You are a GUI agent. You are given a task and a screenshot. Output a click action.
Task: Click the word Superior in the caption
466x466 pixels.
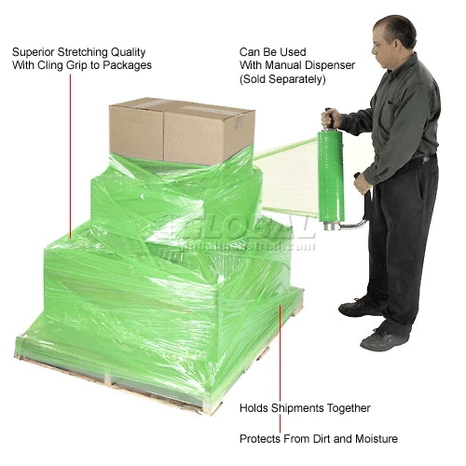(x=34, y=52)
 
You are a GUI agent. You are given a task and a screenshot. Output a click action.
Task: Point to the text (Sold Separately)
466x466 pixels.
(x=282, y=79)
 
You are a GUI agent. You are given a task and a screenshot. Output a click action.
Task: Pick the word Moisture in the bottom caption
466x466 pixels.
(x=377, y=439)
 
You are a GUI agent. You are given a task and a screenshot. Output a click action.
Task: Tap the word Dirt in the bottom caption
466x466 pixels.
(x=322, y=439)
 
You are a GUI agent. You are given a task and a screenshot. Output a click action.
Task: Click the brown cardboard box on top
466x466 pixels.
(x=182, y=130)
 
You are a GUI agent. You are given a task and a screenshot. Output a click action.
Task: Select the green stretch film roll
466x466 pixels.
(x=331, y=175)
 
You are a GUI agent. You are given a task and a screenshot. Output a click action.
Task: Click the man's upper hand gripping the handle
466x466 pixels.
(x=330, y=118)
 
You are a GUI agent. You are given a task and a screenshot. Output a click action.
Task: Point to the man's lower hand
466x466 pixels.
(x=363, y=185)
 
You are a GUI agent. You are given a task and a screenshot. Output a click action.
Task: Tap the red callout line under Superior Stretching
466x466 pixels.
(x=70, y=157)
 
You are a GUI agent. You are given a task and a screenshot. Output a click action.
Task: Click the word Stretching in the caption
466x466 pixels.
(x=83, y=52)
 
